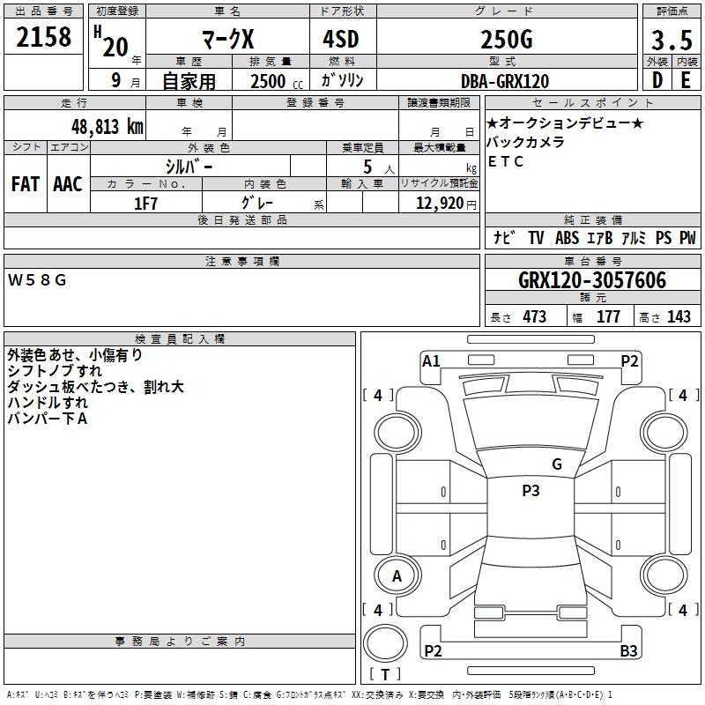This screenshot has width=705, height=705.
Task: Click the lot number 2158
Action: pyautogui.click(x=43, y=37)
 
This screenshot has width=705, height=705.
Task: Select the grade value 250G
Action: pyautogui.click(x=507, y=40)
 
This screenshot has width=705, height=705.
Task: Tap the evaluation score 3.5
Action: pyautogui.click(x=672, y=41)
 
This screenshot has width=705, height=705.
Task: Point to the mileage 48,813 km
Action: pyautogui.click(x=108, y=127)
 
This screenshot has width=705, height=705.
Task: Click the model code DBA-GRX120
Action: pyautogui.click(x=505, y=81)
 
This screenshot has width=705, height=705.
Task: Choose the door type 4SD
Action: pyautogui.click(x=341, y=39)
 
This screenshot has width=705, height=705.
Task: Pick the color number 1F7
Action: pyautogui.click(x=145, y=204)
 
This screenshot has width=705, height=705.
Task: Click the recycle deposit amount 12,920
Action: pyautogui.click(x=440, y=204)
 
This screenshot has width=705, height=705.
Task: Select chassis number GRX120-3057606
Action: pyautogui.click(x=592, y=280)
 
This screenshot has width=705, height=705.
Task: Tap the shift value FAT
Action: pyautogui.click(x=26, y=184)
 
